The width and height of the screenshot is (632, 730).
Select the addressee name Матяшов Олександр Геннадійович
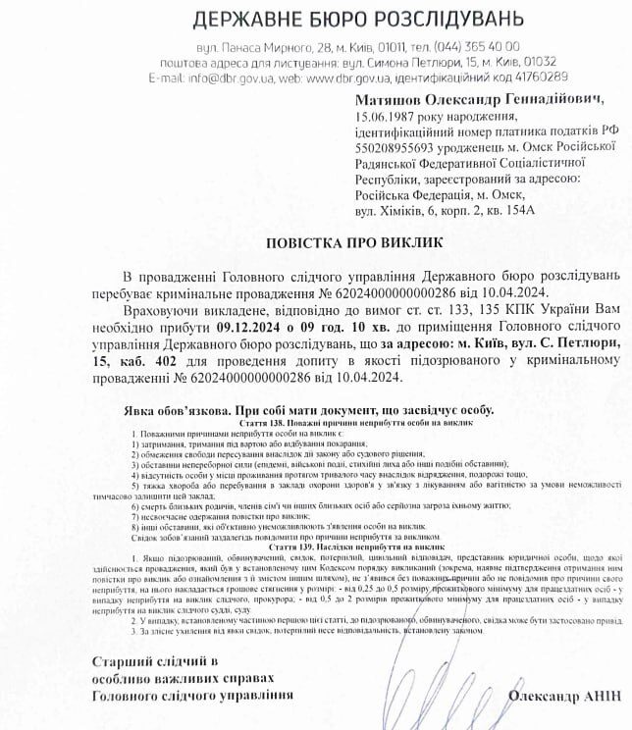click(x=479, y=100)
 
